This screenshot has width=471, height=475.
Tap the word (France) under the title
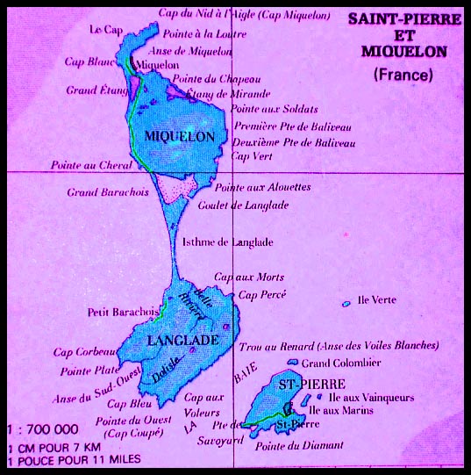pyautogui.click(x=403, y=75)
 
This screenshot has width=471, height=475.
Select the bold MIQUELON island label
pyautogui.click(x=179, y=136)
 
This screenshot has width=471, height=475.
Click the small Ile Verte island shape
pyautogui.click(x=346, y=304)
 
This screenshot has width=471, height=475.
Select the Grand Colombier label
pyautogui.click(x=340, y=363)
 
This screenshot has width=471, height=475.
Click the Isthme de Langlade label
pyautogui.click(x=226, y=242)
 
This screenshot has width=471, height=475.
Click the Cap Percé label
pyautogui.click(x=261, y=294)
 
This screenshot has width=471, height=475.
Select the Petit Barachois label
pyautogui.click(x=122, y=312)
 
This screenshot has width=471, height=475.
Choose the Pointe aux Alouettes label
pyautogui.click(x=263, y=187)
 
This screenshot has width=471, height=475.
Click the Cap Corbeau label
pyautogui.click(x=85, y=352)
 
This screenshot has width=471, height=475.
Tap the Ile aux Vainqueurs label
pyautogui.click(x=356, y=397)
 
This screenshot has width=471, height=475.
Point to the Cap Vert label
pyautogui.click(x=251, y=156)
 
